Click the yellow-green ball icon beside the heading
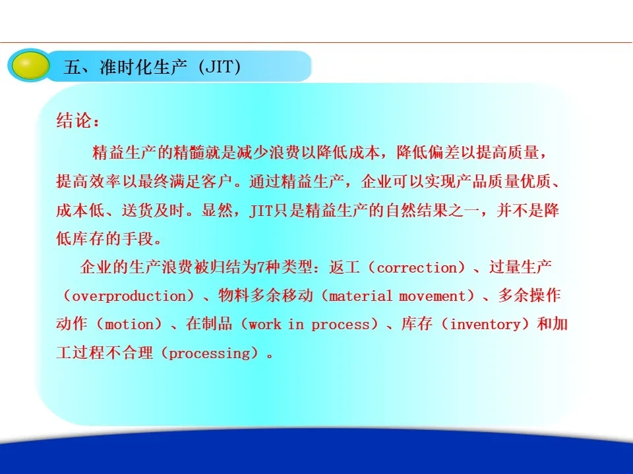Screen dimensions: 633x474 coord(29,65)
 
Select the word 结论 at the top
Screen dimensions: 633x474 coord(73,120)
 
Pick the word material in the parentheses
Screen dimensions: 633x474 coord(361,296)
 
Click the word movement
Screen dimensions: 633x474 coord(433,296)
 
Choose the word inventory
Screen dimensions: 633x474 coord(485,325)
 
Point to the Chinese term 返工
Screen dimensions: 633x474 coord(344,267)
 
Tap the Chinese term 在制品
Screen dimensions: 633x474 coord(209,324)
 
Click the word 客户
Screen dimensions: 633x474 coord(217,182)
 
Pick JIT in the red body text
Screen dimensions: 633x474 coord(260,211)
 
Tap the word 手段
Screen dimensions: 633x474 coord(138,238)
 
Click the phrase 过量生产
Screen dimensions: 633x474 coord(520,267)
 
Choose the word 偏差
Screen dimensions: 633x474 coord(444,152)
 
